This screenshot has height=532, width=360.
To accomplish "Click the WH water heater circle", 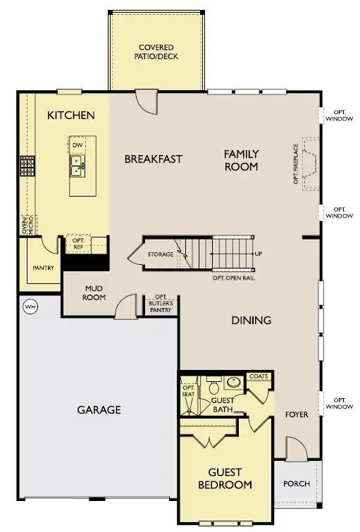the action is pos(30,307).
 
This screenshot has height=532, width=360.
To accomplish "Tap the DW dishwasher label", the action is pos(77,145).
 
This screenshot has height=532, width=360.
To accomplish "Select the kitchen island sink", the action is pos(78,166).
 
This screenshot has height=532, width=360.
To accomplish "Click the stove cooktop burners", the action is pos(27,166).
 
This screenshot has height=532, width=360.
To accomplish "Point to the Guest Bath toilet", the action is pos(214,385).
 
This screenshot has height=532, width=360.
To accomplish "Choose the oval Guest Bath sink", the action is pos(234,383).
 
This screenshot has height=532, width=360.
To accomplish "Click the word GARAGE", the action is pos(99,410).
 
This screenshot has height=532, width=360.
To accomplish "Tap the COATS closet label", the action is pos(259,376).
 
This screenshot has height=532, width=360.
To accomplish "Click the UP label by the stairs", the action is pos(259,254).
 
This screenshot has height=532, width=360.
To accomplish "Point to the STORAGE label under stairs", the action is pos(161,254).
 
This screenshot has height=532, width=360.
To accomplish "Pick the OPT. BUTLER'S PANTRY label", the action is pos(161,304).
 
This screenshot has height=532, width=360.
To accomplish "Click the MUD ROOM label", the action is pos(94,293).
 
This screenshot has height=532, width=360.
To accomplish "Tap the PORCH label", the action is pos(297,484).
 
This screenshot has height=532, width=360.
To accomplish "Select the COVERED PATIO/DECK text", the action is pos(156,52).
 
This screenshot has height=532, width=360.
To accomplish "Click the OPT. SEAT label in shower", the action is pos(188,391).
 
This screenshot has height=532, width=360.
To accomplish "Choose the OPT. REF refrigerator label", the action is pos(78,244).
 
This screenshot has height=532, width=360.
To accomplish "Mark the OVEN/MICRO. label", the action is pos(27,225).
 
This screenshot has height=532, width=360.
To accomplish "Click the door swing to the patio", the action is pos(147,101).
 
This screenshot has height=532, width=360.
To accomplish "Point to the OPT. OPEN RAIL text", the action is pos(234,278).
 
